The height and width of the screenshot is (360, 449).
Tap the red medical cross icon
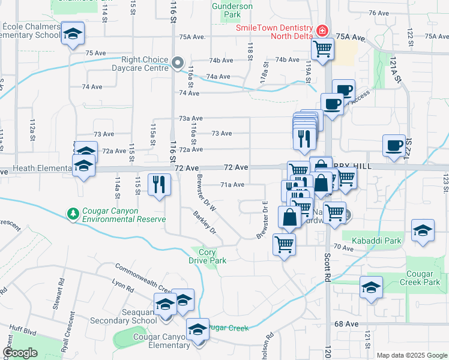[x=322, y=29]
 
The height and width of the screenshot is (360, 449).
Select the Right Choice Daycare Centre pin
[x=177, y=62]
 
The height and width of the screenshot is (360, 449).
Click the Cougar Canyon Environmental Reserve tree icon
[x=73, y=213]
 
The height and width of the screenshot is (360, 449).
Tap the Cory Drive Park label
[x=208, y=257]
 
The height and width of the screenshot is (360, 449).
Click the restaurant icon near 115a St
[x=159, y=183]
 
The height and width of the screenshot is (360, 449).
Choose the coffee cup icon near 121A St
[x=394, y=146]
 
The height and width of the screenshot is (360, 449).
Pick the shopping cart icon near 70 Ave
[x=284, y=244]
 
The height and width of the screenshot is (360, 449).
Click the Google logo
[x=20, y=353]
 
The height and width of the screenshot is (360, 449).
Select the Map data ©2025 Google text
[x=412, y=355]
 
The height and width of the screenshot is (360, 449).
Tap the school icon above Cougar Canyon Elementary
[x=197, y=329]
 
